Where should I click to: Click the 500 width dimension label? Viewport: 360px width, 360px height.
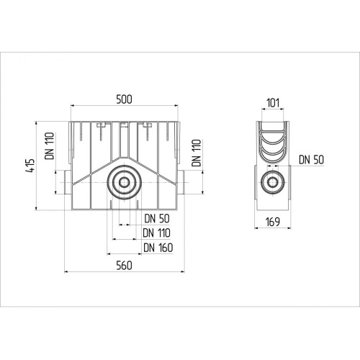click(124, 99)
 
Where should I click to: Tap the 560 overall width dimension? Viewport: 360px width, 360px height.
click(124, 266)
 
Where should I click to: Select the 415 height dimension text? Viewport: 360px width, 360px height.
click(30, 166)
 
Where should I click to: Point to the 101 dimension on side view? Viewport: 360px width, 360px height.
click(273, 103)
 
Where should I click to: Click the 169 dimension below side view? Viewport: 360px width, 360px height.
click(273, 222)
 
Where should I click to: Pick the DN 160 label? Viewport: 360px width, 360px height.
click(158, 248)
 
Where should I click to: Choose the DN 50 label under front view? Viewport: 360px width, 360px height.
click(157, 218)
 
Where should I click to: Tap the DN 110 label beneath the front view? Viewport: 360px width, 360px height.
click(156, 233)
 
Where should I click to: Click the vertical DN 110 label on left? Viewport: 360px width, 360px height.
click(50, 145)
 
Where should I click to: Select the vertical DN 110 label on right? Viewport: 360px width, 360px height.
click(196, 153)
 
